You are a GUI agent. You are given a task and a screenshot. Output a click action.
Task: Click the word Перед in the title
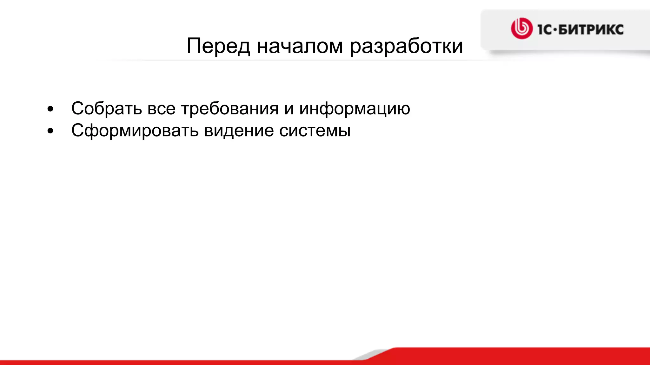218,46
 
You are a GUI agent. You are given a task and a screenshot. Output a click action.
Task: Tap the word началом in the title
300,46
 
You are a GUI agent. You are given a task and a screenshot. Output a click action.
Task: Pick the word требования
230,109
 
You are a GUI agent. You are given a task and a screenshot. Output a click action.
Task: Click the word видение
239,131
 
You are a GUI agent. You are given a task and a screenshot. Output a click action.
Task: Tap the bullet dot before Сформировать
50,131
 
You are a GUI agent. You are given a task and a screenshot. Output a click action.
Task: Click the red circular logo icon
521,29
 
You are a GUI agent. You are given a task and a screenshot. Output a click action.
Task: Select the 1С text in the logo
545,30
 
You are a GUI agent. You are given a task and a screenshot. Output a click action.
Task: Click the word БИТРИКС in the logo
591,30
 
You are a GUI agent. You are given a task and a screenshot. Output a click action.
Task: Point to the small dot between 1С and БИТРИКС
555,30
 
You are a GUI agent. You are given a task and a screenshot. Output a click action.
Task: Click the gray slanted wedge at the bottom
371,355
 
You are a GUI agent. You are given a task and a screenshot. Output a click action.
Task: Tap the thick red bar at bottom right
524,355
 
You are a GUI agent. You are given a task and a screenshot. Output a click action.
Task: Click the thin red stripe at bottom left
159,362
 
